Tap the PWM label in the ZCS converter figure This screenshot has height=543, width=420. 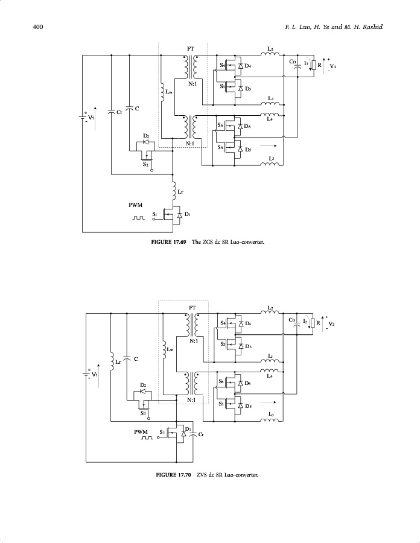tap(136, 205)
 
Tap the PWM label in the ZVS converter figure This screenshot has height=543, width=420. tap(142, 432)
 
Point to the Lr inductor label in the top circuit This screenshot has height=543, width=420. tap(180, 192)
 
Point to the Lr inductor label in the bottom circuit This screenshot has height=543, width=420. tap(118, 362)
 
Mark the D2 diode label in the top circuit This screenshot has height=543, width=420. tap(146, 136)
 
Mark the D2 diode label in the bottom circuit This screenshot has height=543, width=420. tap(143, 384)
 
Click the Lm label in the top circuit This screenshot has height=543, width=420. tap(169, 92)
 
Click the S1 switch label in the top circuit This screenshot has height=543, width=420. tap(155, 214)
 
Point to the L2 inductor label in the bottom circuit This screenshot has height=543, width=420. tap(270, 307)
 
